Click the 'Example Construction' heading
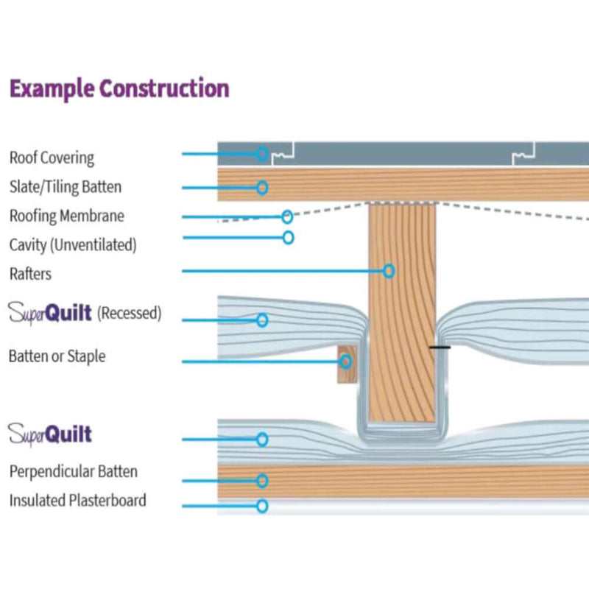tap(119, 89)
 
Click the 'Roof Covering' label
tap(52, 158)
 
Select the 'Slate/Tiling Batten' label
tap(65, 187)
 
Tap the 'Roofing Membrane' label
tap(66, 216)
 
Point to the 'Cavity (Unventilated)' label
tap(72, 244)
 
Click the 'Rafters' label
tap(30, 273)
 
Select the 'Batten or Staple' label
tap(57, 356)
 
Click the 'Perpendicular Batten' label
tap(73, 471)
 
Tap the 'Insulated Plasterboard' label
tap(77, 501)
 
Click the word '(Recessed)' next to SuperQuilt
tap(130, 314)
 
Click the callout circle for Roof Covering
tap(262, 154)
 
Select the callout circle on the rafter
tap(389, 271)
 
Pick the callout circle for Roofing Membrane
tap(287, 216)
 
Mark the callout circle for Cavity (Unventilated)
tap(288, 237)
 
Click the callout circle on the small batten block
tap(345, 361)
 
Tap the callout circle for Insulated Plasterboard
tap(262, 506)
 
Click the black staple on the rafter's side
tap(439, 347)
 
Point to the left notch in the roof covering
tap(283, 154)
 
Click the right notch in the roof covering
tap(523, 154)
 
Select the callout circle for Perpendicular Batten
tap(262, 481)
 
